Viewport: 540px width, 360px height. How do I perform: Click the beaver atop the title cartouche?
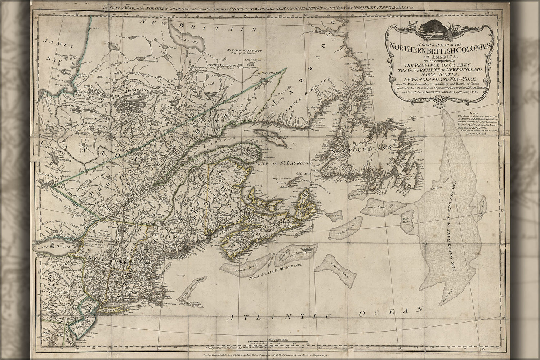[435, 27]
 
